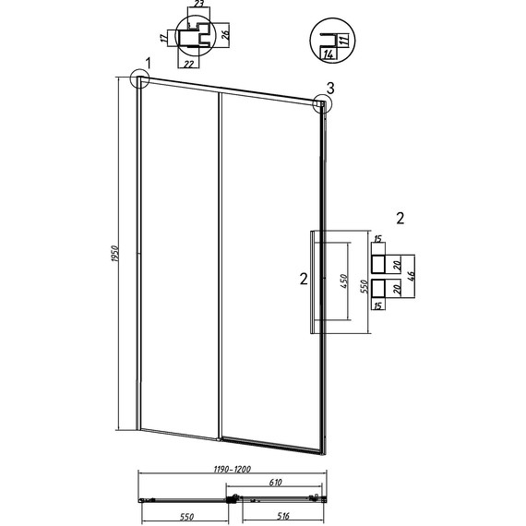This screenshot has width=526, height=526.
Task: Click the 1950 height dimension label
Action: point(114,254)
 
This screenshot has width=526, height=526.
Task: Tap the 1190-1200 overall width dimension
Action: point(233,469)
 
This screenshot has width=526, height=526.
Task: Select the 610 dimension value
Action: point(275,483)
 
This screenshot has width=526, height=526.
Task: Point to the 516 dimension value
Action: point(283,516)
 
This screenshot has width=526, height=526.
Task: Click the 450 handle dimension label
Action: point(344,281)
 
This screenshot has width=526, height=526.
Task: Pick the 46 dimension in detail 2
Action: point(412,276)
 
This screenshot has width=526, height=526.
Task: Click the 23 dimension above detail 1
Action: point(199,4)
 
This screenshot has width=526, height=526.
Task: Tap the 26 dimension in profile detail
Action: point(225,35)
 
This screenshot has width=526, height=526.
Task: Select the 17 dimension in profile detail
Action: point(164,38)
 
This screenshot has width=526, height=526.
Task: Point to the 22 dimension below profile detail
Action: point(189,64)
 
